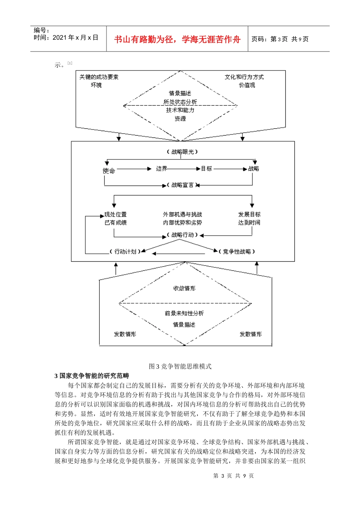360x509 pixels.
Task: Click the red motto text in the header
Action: [177, 39]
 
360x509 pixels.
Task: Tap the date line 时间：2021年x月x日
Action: [66, 37]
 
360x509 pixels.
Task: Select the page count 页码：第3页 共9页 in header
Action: [280, 39]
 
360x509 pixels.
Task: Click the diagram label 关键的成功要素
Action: [99, 77]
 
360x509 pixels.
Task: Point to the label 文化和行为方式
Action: [244, 77]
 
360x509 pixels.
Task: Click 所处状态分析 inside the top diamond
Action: [180, 102]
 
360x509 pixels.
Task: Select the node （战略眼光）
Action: [182, 152]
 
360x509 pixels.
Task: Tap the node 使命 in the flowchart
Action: [109, 171]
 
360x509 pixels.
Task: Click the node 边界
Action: [161, 169]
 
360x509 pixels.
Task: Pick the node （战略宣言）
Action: [183, 185]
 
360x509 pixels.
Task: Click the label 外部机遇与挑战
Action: [183, 214]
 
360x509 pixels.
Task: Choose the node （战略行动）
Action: [183, 235]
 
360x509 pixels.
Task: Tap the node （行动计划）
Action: [125, 251]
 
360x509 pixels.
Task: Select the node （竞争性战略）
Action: [237, 251]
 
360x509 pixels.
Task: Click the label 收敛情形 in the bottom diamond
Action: [185, 288]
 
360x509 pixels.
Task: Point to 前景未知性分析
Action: [185, 313]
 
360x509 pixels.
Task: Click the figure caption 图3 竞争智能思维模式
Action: [180, 366]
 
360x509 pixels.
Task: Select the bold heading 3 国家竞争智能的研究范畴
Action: [92, 376]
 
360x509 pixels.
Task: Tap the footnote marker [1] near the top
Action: [70, 63]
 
